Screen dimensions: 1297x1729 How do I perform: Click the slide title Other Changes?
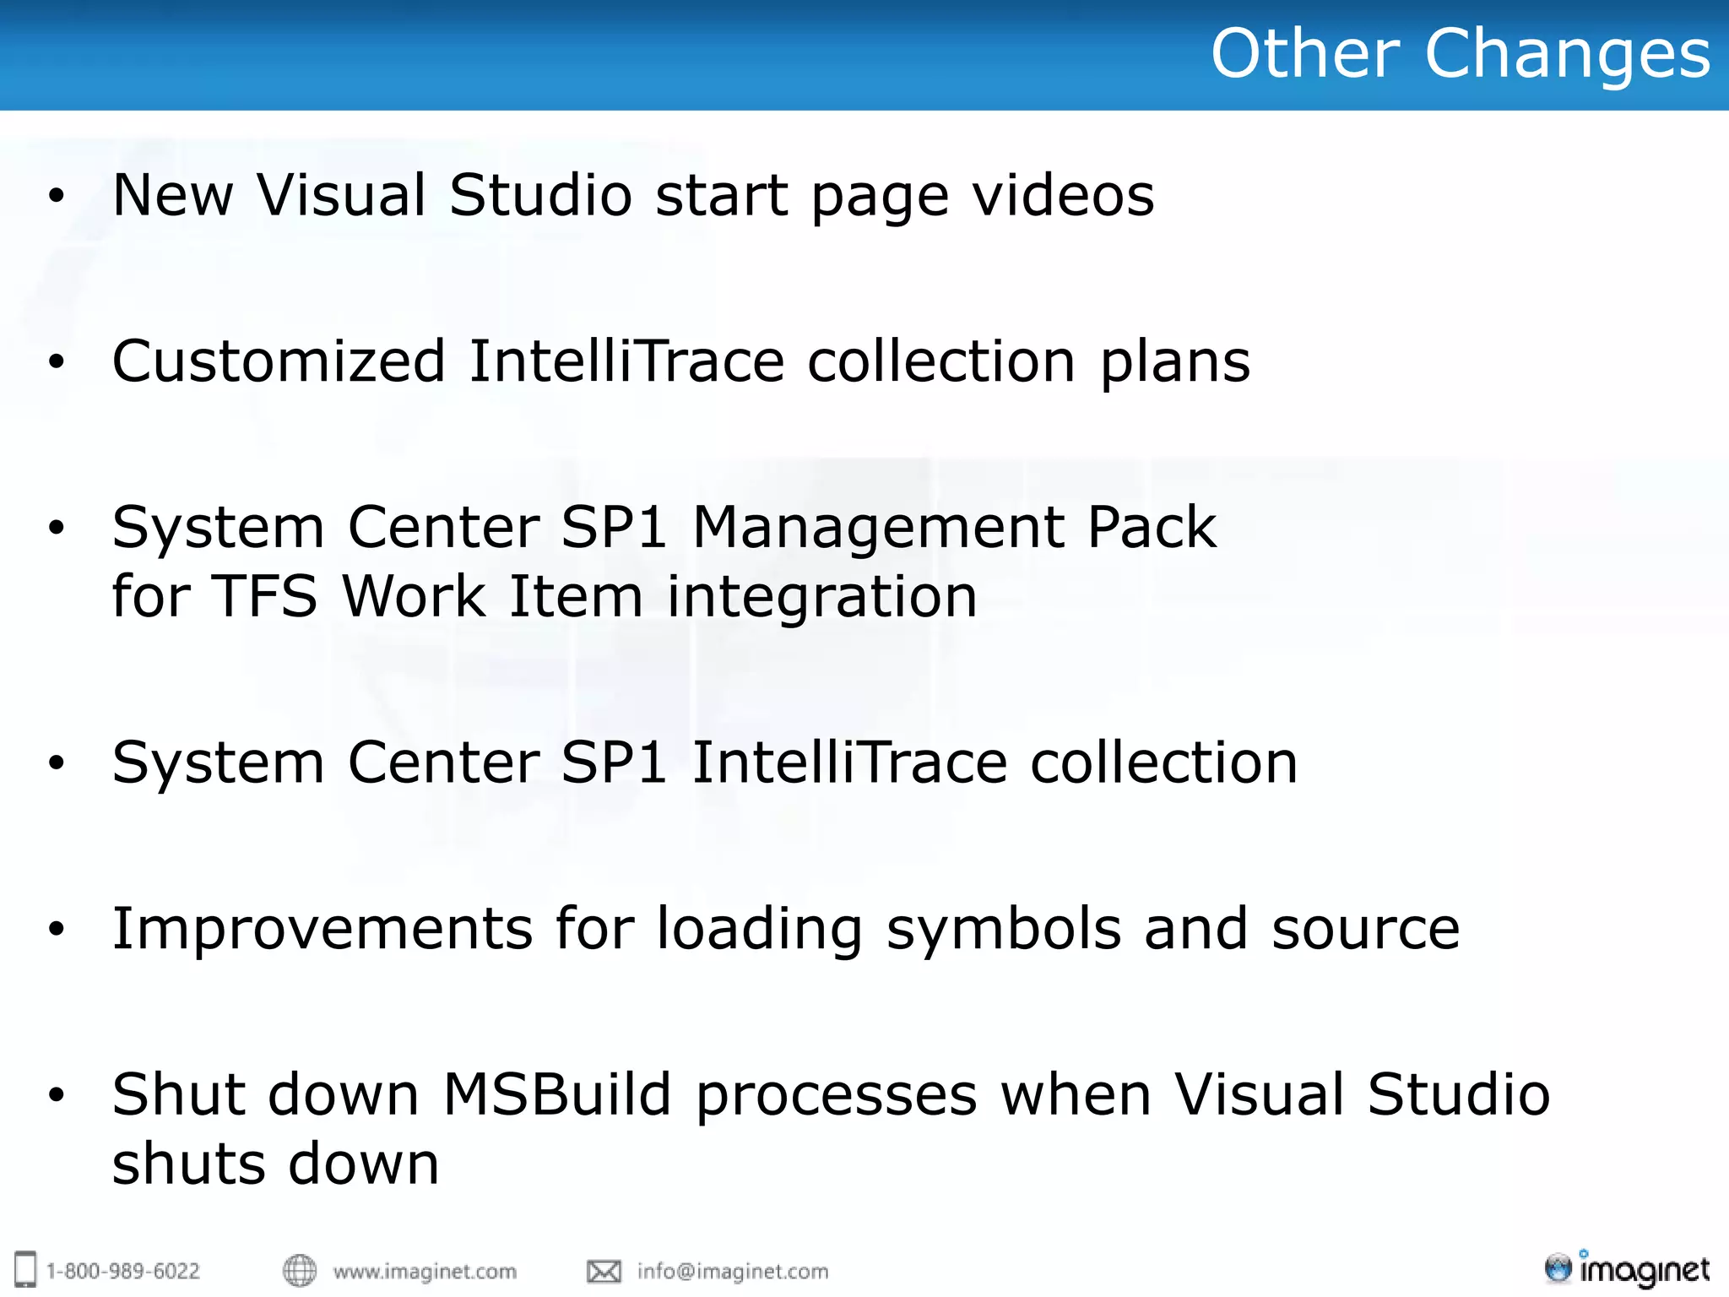(1460, 53)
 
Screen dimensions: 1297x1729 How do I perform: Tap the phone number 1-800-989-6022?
(123, 1271)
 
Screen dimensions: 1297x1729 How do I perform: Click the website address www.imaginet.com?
(425, 1271)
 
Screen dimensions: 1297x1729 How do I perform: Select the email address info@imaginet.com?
(733, 1271)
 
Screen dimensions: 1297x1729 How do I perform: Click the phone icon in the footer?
(26, 1269)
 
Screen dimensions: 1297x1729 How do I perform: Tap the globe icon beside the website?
(299, 1270)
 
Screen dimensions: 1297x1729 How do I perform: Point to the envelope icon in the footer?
(604, 1271)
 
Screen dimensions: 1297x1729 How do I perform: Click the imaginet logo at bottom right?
(1627, 1269)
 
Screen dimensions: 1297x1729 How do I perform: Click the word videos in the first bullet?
(1063, 195)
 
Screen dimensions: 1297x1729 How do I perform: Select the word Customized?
(279, 361)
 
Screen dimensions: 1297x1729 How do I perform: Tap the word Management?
(878, 528)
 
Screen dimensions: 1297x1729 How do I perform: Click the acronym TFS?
(263, 597)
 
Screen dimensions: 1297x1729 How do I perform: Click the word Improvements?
(322, 929)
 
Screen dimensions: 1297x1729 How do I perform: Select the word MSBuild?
(557, 1094)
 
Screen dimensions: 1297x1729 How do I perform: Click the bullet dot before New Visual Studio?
(57, 196)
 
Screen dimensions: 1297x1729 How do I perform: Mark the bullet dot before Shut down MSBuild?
(57, 1095)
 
